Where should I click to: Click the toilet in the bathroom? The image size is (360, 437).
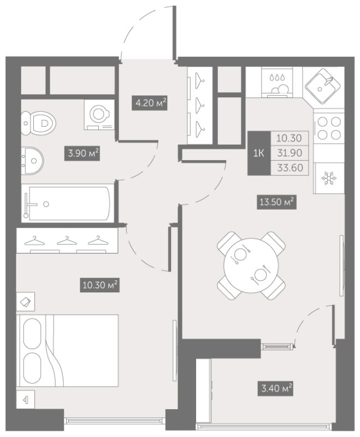click(38, 123)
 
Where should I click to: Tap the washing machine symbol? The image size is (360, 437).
click(99, 115)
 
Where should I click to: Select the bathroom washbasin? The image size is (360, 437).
click(32, 161)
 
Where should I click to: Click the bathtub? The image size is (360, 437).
click(67, 203)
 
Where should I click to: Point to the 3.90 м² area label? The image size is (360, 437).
click(82, 153)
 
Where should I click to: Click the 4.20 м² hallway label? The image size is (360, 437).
click(150, 103)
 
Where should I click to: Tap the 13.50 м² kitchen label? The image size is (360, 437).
click(276, 202)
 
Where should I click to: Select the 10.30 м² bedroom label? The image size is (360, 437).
click(100, 285)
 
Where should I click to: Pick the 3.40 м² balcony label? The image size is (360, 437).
click(275, 388)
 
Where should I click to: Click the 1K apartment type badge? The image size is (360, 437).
click(259, 153)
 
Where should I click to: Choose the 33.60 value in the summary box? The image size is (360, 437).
click(290, 168)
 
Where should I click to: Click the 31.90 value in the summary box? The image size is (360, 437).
click(290, 153)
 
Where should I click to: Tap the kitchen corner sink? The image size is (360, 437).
click(323, 86)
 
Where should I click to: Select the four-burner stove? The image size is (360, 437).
click(329, 128)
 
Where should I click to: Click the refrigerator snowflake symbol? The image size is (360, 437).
click(329, 179)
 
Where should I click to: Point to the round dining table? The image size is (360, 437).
click(251, 265)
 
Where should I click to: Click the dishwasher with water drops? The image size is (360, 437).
click(278, 82)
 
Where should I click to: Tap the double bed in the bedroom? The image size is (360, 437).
click(67, 351)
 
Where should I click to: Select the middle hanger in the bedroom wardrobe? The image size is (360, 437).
click(67, 241)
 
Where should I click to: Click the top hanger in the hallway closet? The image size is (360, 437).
click(199, 81)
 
